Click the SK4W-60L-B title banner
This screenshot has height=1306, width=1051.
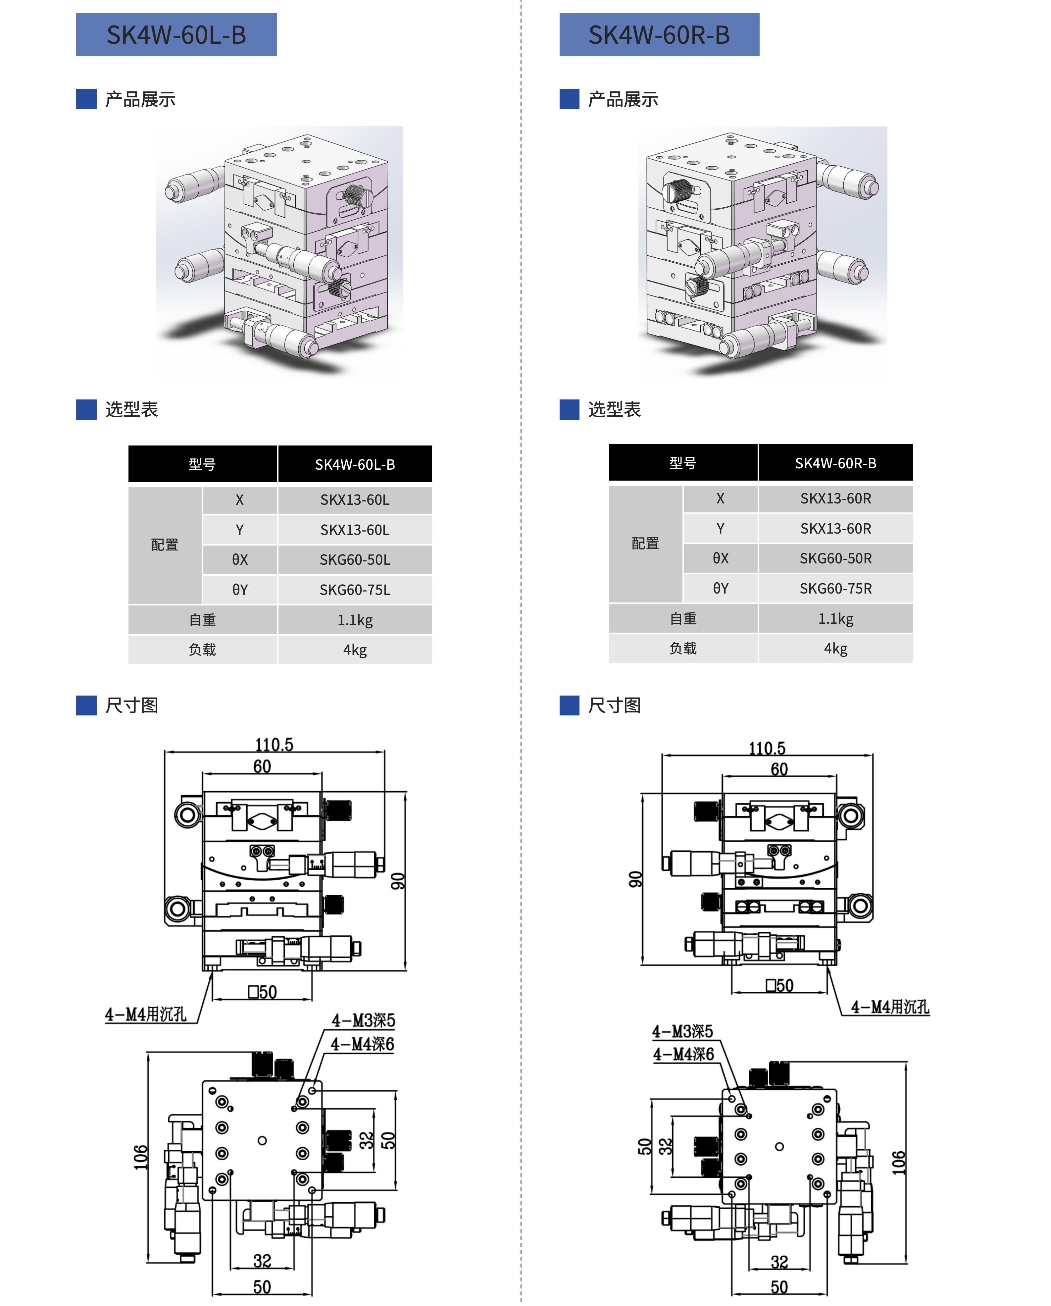[176, 34]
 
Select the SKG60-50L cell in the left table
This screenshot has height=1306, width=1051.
[355, 560]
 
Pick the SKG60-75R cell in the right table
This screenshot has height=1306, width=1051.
[835, 588]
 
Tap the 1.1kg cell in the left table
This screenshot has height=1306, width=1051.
[355, 620]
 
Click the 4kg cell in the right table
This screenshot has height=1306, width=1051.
[835, 648]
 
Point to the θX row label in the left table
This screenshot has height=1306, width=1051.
[240, 560]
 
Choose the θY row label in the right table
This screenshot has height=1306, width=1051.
[721, 588]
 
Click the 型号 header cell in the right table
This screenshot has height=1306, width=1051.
[683, 463]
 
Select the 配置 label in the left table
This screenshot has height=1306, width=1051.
[165, 545]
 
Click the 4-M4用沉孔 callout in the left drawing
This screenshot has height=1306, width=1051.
[146, 1014]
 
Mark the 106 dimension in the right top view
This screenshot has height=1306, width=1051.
[898, 1163]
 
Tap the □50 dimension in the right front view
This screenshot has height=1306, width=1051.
[779, 986]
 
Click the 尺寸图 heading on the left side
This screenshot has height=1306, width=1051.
[131, 705]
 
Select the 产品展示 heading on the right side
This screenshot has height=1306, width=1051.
[623, 99]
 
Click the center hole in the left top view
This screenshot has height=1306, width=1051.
[262, 1141]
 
